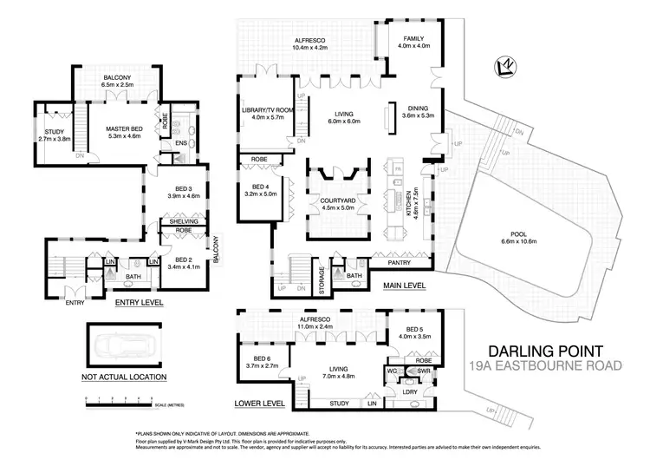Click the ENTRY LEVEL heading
coord(140,303)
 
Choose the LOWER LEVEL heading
coord(259,404)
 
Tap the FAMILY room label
coord(407,39)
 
